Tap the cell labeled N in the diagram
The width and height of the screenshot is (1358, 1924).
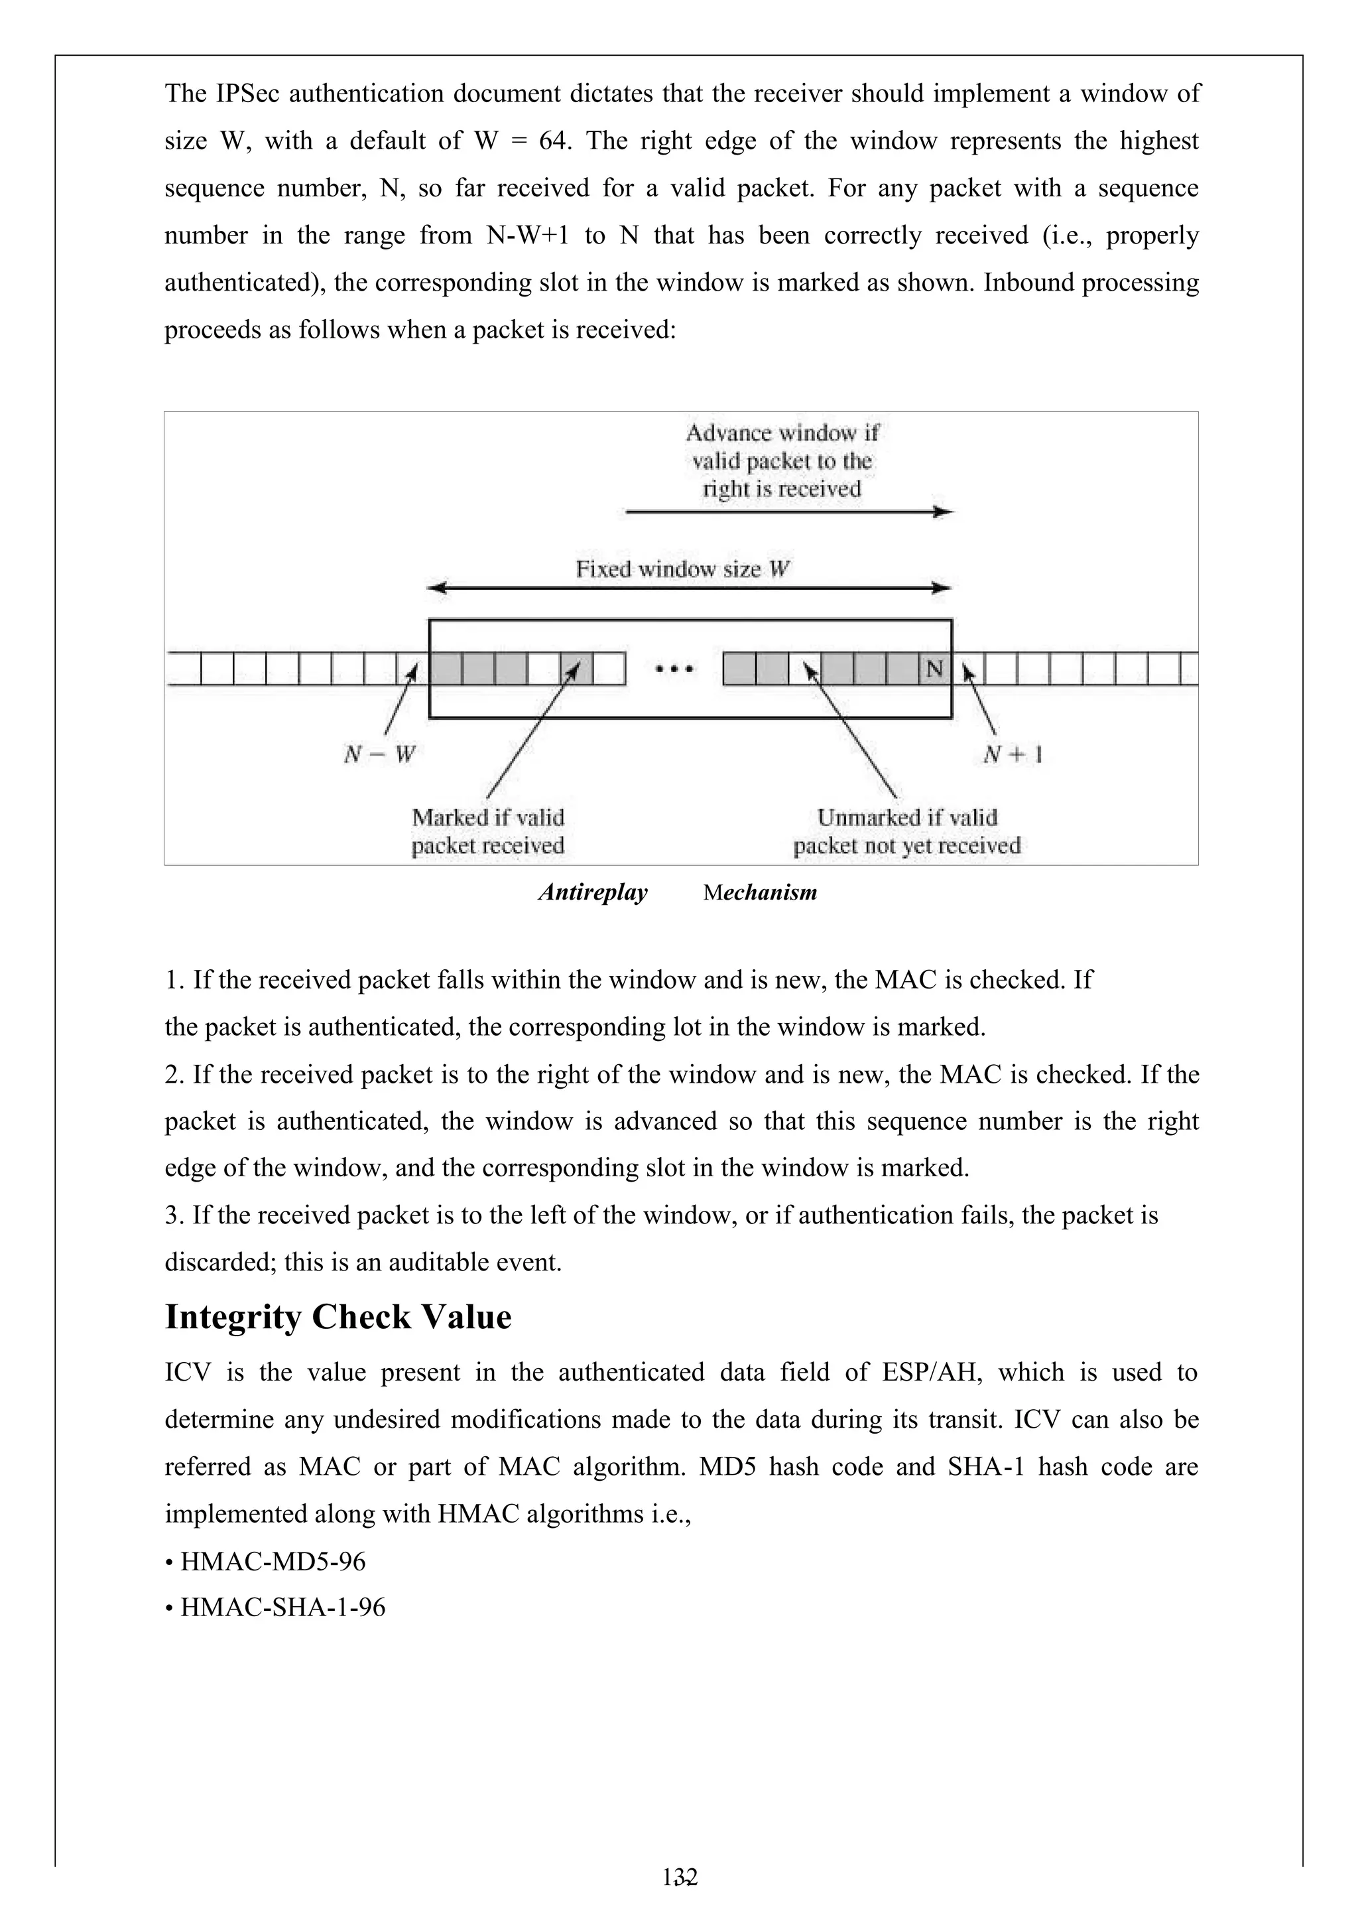coord(935,669)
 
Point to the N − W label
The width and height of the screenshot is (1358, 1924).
coord(379,754)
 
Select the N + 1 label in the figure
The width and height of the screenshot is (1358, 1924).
coord(1012,754)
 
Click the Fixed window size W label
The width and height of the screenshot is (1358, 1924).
coord(683,570)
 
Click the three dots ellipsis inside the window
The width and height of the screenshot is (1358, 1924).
coord(674,669)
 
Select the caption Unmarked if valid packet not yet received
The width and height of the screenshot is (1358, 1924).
coord(907,831)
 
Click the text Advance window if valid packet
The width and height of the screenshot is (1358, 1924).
coord(782,447)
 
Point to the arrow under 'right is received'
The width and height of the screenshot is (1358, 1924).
coord(788,512)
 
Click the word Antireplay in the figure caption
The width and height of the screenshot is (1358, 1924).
coord(593,892)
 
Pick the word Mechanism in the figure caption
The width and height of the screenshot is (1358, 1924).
coord(760,892)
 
